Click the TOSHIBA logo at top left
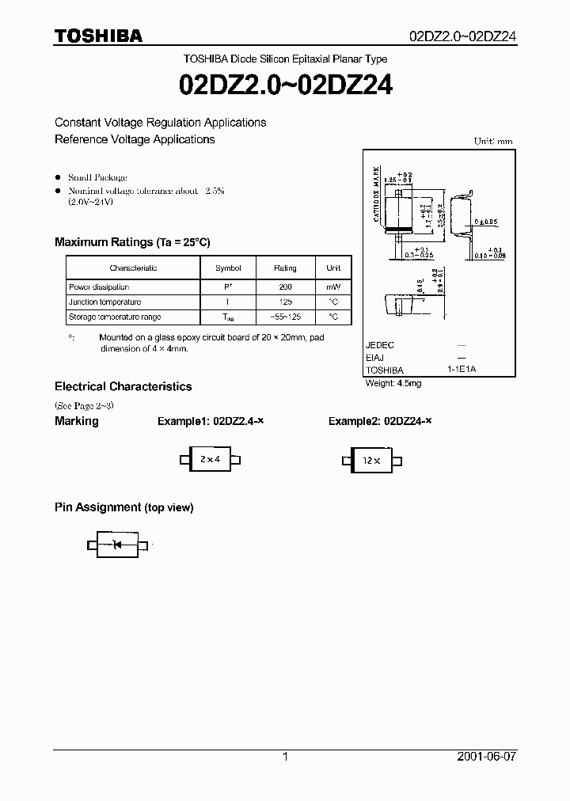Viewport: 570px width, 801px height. pyautogui.click(x=98, y=36)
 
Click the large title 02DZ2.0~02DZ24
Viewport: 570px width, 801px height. pyautogui.click(x=286, y=84)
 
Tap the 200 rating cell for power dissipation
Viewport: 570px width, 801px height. pyautogui.click(x=286, y=287)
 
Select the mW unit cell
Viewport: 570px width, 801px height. pyautogui.click(x=333, y=287)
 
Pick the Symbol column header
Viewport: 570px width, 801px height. pyautogui.click(x=228, y=268)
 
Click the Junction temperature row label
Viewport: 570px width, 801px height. pyautogui.click(x=105, y=302)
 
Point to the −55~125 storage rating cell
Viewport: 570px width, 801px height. pyautogui.click(x=286, y=317)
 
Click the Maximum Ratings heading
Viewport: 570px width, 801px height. pyautogui.click(x=132, y=242)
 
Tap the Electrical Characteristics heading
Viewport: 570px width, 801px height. pyautogui.click(x=123, y=387)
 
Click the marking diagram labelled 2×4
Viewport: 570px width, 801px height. pyautogui.click(x=210, y=459)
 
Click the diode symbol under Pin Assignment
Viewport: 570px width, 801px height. pyautogui.click(x=117, y=545)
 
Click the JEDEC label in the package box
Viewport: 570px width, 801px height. pyautogui.click(x=380, y=346)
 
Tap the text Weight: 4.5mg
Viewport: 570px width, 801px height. pyautogui.click(x=393, y=383)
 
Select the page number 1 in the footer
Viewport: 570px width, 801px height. pyautogui.click(x=285, y=757)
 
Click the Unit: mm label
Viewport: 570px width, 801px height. pyautogui.click(x=493, y=141)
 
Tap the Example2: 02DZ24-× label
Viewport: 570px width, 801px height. pyautogui.click(x=380, y=421)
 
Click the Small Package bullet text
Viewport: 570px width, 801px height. pyautogui.click(x=97, y=177)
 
